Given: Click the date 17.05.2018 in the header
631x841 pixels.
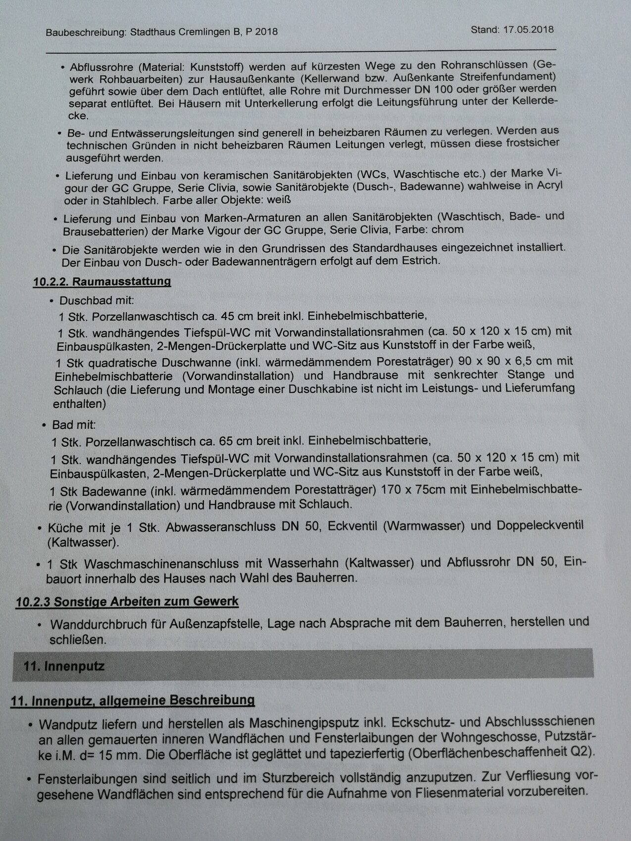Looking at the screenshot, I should click(x=528, y=29).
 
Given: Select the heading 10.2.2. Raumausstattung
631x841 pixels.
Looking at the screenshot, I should click(x=102, y=282).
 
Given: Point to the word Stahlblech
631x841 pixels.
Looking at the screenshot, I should click(x=131, y=201).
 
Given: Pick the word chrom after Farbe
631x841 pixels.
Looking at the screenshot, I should click(x=447, y=230).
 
